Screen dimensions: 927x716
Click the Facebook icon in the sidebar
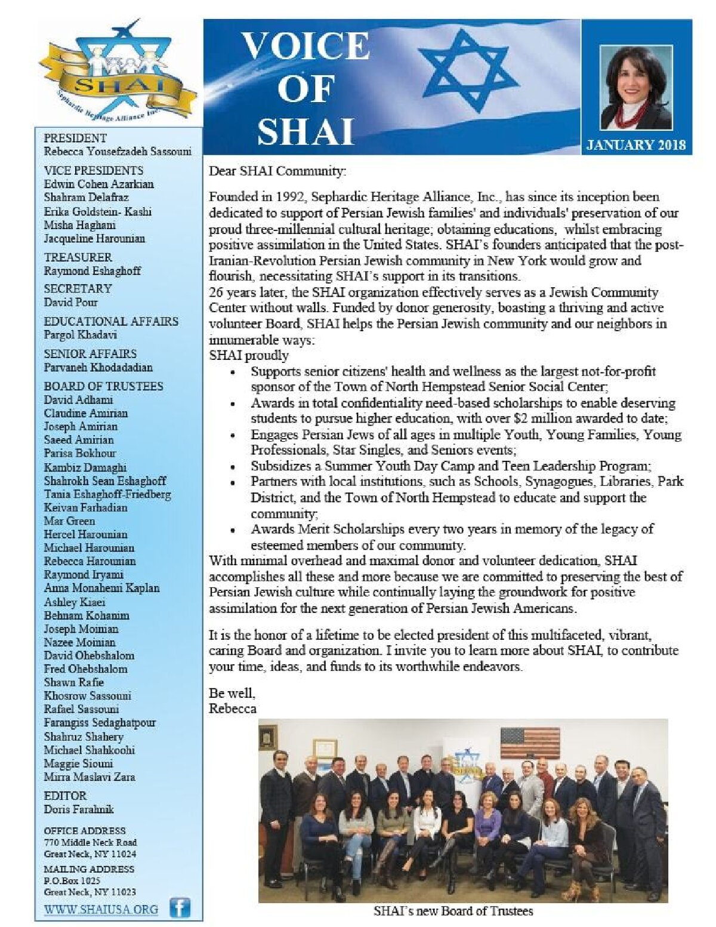point(180,908)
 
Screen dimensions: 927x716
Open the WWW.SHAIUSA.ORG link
point(101,910)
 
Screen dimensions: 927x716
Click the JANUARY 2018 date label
point(636,145)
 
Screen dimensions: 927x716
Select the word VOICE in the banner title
point(305,46)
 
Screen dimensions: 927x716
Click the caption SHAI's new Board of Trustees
point(453,911)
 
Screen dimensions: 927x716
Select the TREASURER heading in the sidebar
point(78,257)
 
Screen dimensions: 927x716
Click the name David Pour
point(70,302)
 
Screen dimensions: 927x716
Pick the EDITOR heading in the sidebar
point(65,796)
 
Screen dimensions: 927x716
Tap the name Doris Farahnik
point(79,809)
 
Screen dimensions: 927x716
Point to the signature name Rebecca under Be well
point(233,709)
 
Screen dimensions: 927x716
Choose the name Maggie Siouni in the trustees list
point(78,763)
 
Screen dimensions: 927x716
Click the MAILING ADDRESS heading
point(89,869)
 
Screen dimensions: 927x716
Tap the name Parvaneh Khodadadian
point(98,367)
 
